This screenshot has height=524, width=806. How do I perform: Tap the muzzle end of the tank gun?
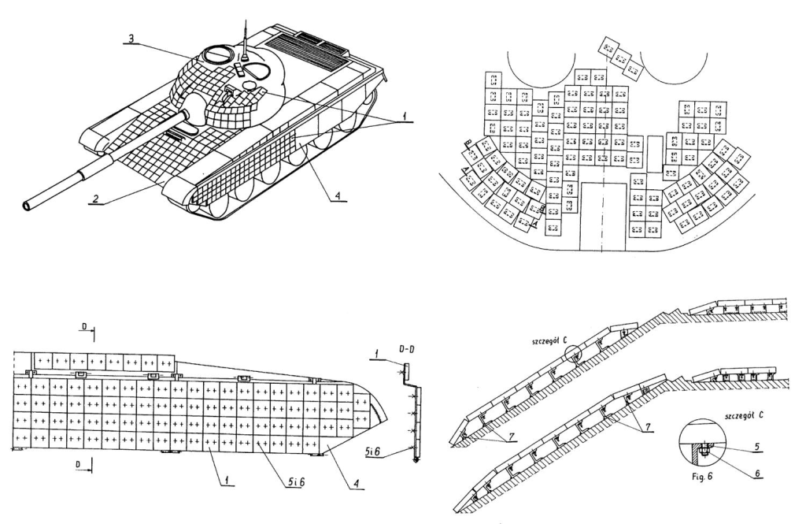29,206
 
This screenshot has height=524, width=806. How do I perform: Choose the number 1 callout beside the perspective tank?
405,115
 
